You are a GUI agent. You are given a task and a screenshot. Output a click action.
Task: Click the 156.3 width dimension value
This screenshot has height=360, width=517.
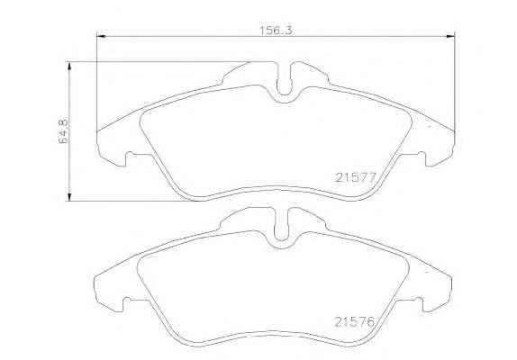tap(276, 31)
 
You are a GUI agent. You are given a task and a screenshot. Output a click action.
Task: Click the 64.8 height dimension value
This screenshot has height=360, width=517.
tap(63, 130)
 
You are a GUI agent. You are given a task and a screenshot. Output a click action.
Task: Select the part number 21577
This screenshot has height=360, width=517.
tap(356, 178)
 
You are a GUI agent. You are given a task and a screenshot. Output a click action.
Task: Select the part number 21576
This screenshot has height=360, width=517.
tap(355, 322)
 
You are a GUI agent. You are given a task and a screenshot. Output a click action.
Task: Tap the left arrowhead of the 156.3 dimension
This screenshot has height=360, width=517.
tap(101, 36)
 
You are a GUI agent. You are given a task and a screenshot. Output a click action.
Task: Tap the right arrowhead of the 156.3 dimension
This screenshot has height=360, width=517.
tap(450, 36)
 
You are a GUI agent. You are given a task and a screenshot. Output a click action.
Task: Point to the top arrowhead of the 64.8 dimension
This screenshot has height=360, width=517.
tap(69, 66)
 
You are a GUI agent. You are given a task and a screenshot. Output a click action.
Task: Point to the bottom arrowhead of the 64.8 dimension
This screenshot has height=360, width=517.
tap(69, 197)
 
